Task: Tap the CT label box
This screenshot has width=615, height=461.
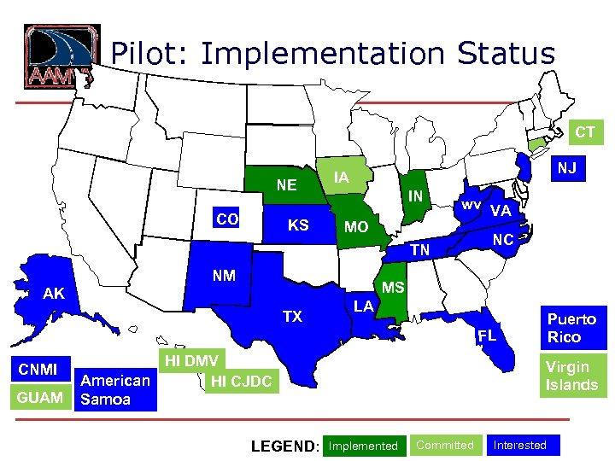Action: point(585,132)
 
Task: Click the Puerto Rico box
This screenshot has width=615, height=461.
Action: point(571,328)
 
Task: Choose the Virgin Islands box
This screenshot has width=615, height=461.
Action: point(571,376)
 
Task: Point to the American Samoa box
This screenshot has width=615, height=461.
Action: point(115,388)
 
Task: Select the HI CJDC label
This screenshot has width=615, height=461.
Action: point(241,381)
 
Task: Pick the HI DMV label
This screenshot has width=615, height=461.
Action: point(191,360)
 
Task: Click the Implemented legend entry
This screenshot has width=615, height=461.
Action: point(363,446)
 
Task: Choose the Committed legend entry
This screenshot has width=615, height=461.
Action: point(445,445)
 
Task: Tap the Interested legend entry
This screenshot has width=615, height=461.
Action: point(520,445)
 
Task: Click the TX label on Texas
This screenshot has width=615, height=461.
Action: point(292,317)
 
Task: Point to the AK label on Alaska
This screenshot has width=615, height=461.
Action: point(54,294)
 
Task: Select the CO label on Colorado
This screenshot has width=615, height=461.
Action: point(227,219)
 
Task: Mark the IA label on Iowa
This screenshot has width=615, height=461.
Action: point(341,178)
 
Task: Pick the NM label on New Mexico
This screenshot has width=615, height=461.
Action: point(224,276)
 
